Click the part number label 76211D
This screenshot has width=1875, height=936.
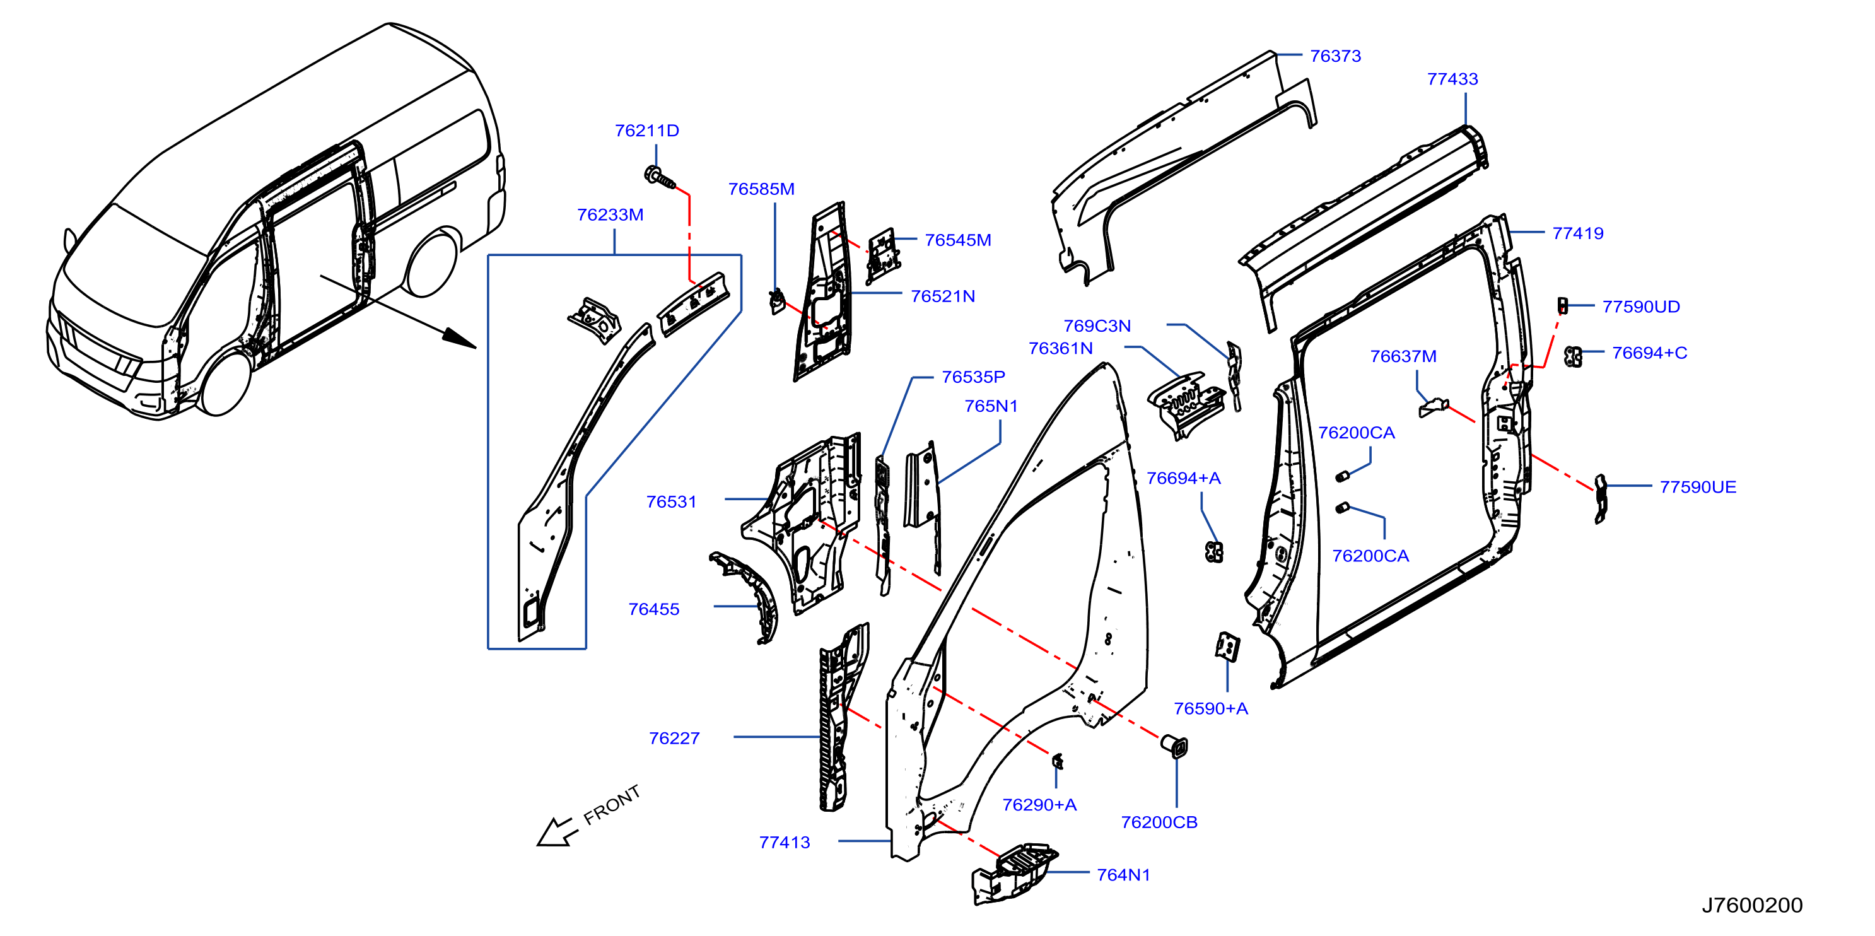tap(646, 131)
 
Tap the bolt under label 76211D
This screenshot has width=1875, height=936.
tap(660, 177)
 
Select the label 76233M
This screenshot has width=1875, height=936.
tap(610, 214)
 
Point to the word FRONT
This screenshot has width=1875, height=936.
tap(612, 804)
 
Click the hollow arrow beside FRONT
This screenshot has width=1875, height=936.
tap(558, 832)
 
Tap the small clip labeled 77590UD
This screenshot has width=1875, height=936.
tap(1562, 305)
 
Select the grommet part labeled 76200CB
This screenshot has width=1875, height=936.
tap(1174, 746)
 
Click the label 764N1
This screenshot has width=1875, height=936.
tap(1123, 875)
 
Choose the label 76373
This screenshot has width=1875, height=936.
tap(1335, 56)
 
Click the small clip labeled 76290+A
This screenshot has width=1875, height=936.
tap(1058, 761)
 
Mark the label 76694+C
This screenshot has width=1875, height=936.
tap(1649, 353)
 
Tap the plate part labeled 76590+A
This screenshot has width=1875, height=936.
tap(1227, 646)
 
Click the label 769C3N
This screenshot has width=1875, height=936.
tap(1097, 326)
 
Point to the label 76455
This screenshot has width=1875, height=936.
tap(653, 609)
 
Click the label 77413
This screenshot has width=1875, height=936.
tap(784, 842)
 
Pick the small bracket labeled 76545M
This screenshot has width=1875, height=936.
tap(882, 255)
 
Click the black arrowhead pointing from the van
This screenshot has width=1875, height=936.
tap(459, 339)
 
